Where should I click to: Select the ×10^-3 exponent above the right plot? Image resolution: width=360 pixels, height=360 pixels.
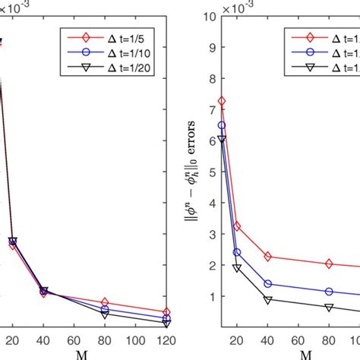coord(227,6)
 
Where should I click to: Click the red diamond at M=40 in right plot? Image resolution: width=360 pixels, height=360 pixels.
coord(268,257)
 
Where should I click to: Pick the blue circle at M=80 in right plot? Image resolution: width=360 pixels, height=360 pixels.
coord(329,292)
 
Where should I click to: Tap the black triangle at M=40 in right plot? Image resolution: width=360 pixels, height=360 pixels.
coord(268,300)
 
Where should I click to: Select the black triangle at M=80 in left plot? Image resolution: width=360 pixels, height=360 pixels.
coord(105,313)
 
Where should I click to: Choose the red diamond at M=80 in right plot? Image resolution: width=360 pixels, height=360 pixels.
coord(329,264)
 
